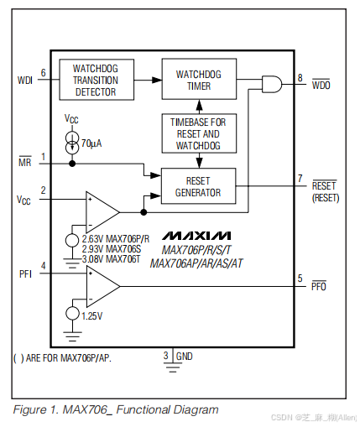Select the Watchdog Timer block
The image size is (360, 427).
[x=198, y=80]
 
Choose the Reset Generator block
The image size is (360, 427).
[x=198, y=185]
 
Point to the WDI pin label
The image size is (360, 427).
[x=24, y=81]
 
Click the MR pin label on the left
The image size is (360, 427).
[x=25, y=163]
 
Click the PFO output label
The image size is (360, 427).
[x=319, y=286]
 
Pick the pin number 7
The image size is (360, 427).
[x=300, y=178]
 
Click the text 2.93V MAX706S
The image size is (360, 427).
[x=111, y=249]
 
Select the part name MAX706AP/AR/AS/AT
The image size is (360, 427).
[x=196, y=263]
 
